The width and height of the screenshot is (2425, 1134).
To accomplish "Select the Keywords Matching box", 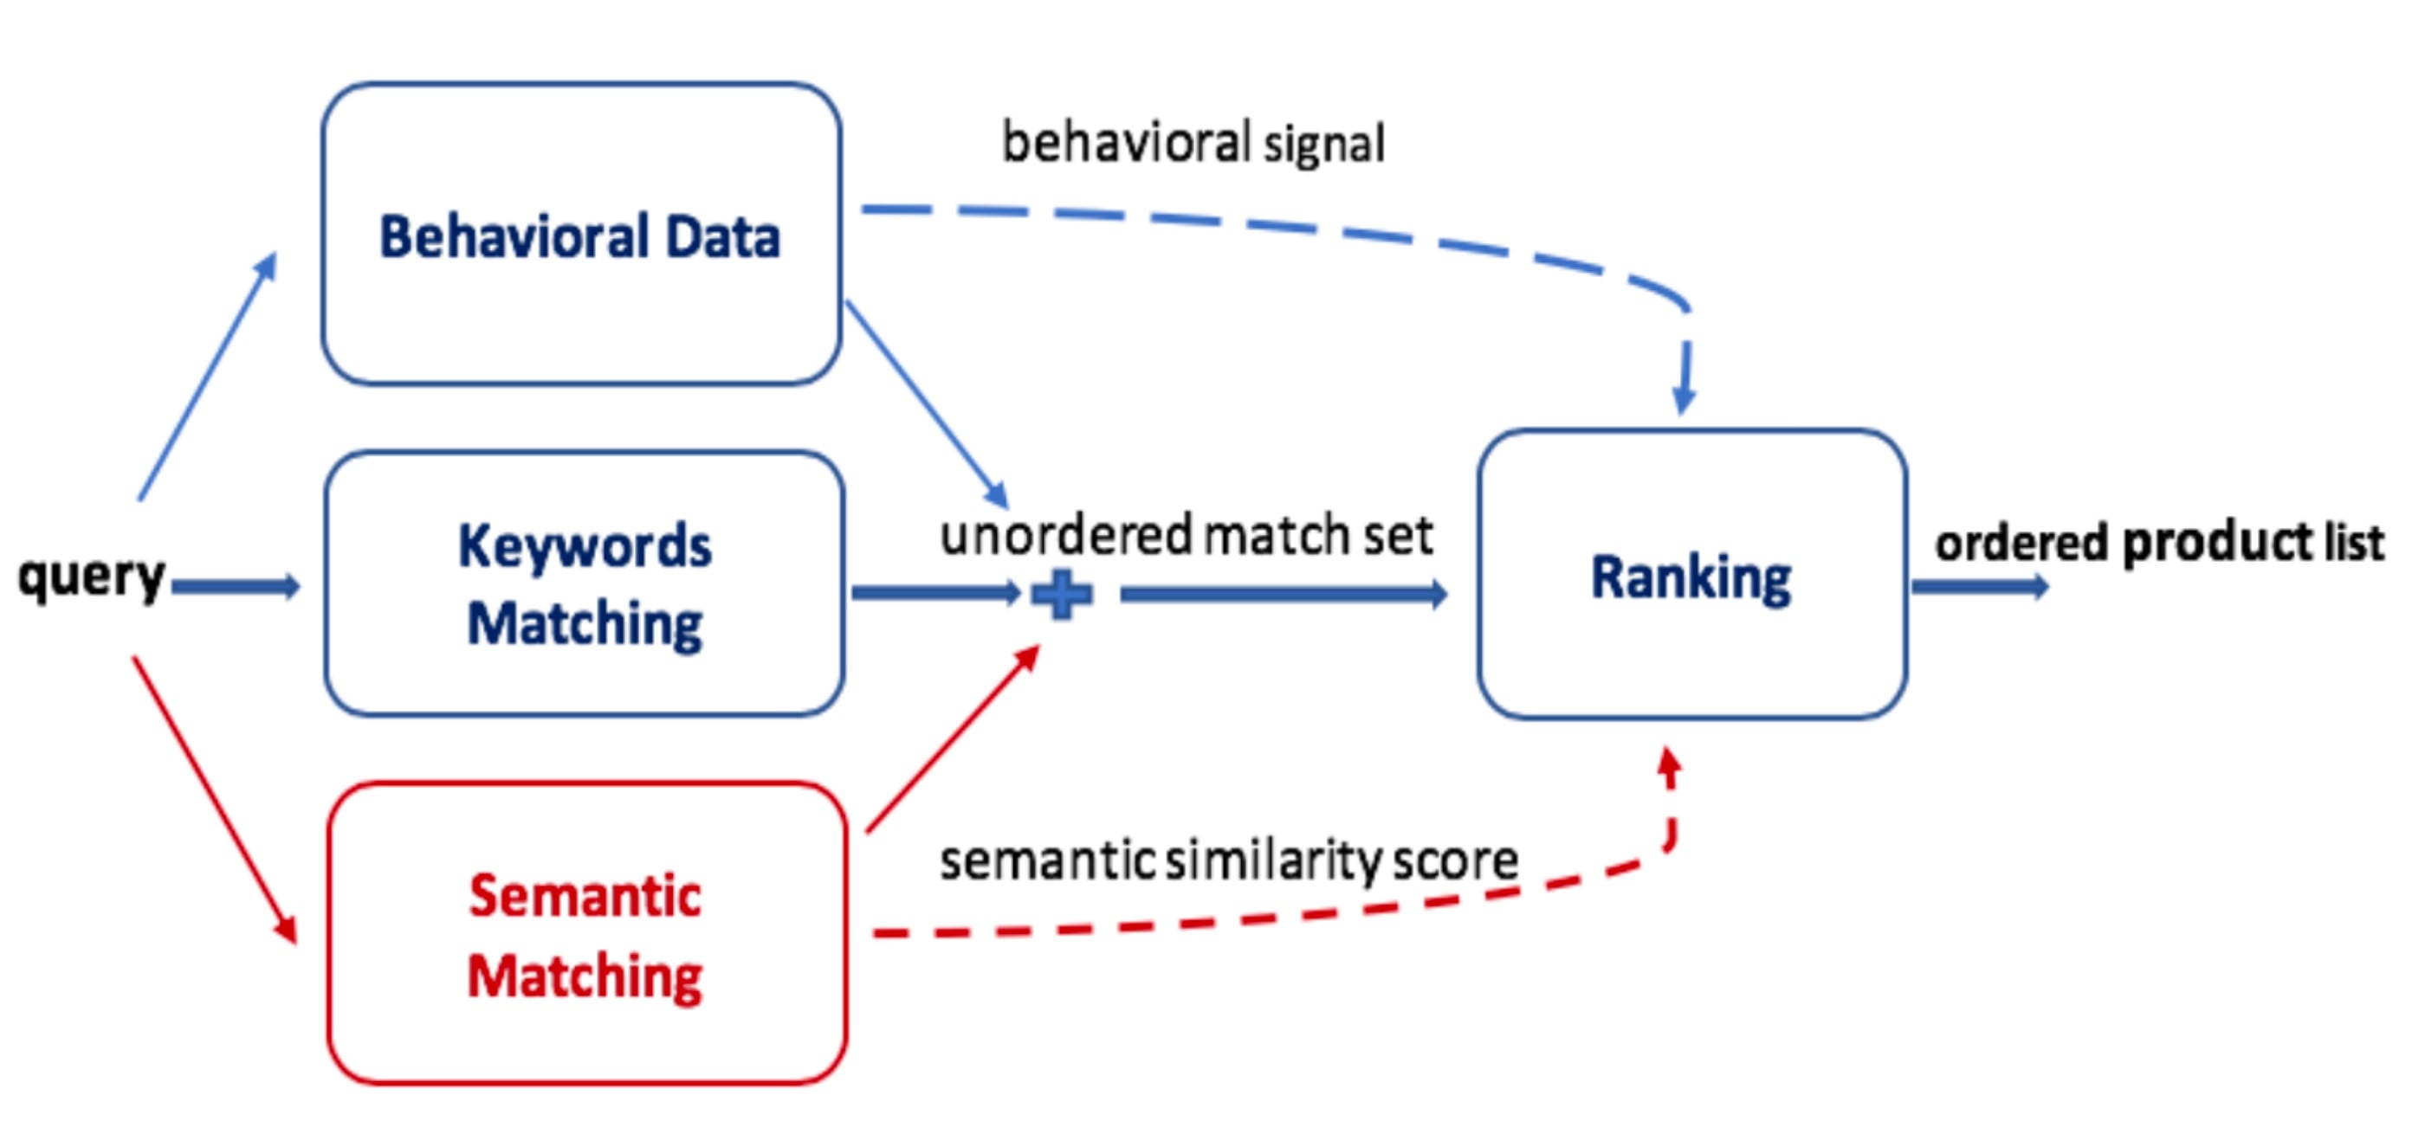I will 584,583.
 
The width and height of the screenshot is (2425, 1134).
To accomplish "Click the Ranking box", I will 1691,576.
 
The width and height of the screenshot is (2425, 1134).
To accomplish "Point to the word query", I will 91,576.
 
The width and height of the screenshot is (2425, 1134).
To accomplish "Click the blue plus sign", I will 1062,595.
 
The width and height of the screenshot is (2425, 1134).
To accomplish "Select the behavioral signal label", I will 1193,143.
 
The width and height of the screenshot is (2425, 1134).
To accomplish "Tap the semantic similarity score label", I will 1228,860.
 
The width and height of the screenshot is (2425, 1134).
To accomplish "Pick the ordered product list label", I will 2159,543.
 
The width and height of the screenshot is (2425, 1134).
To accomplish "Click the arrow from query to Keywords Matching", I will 236,587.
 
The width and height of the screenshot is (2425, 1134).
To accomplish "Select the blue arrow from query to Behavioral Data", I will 207,377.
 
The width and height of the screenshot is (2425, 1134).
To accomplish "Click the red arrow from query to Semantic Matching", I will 215,800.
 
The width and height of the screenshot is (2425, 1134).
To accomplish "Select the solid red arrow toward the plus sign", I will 951,739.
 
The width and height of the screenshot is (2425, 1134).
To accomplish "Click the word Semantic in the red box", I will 585,895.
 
